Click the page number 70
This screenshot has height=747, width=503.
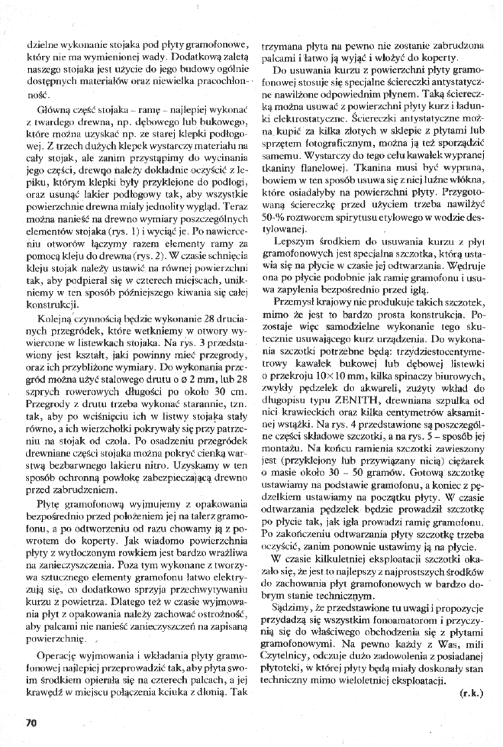click(x=31, y=721)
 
